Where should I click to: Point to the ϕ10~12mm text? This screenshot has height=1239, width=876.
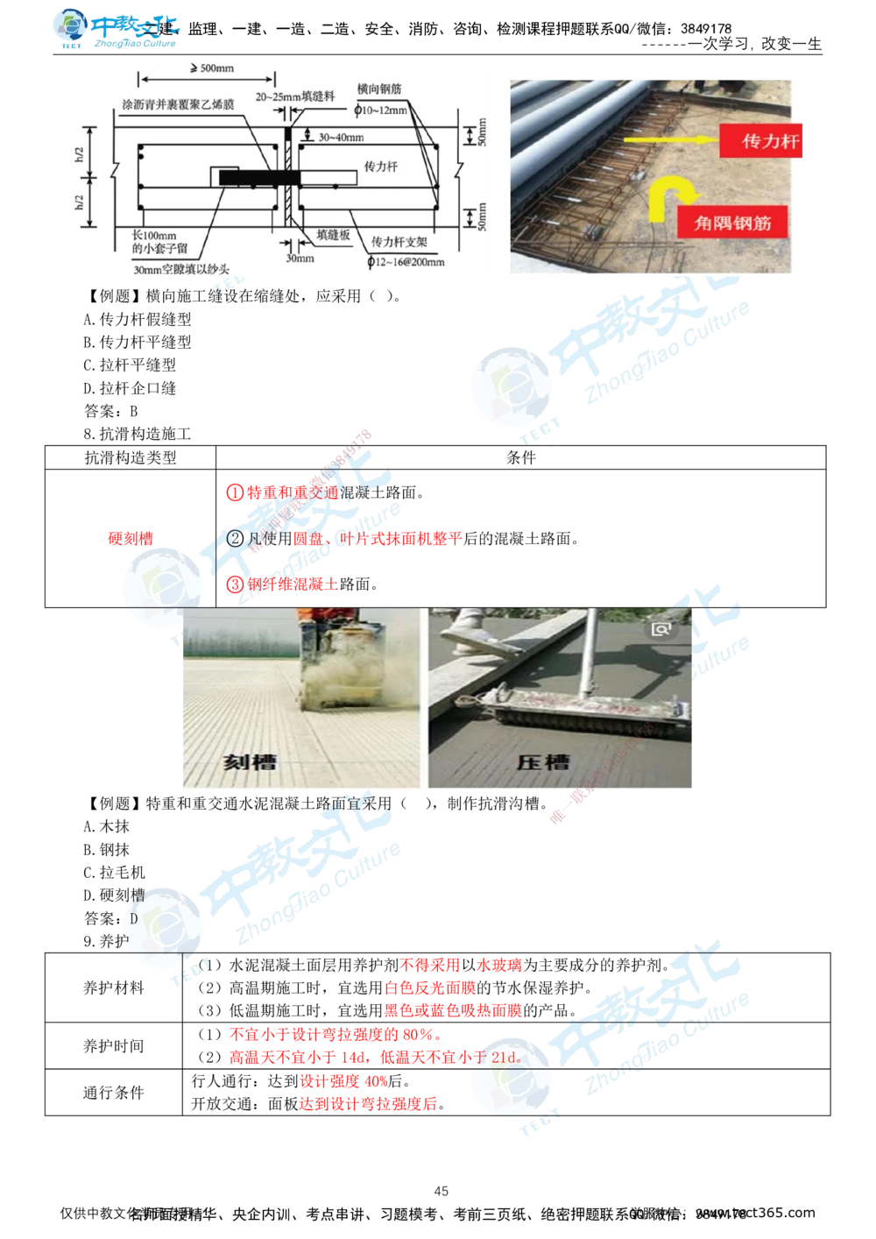coord(382,110)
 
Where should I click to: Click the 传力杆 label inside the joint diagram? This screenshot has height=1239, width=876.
coord(381,166)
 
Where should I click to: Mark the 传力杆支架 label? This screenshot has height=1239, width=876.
coord(399,241)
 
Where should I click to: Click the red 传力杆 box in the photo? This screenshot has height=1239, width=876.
coord(760,140)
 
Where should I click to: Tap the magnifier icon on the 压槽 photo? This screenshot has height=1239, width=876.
coord(661,628)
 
